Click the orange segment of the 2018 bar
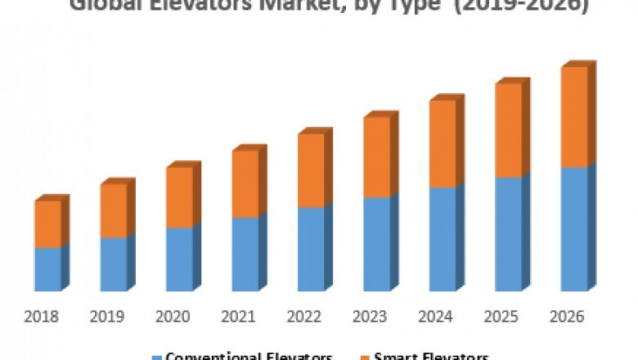coord(47,223)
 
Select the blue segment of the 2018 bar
coord(47,268)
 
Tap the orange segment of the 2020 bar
coord(179,197)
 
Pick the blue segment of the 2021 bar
coord(245,254)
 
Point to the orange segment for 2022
coord(311,170)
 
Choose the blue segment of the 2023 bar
coord(377,244)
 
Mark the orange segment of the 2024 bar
coord(443,143)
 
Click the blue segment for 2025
coord(509,234)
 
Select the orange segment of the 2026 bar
coord(574,117)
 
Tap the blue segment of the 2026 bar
coord(574,229)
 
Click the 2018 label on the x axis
coord(41,317)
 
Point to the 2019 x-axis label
coord(107,317)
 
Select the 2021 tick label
coord(239,317)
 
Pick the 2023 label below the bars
coord(371,317)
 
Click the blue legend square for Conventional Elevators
coord(157,357)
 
